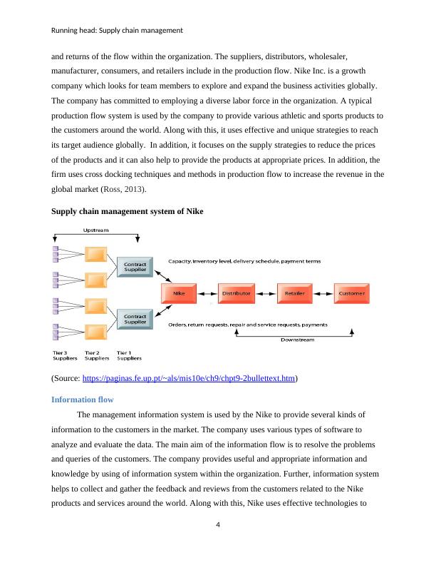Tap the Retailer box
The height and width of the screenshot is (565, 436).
point(294,293)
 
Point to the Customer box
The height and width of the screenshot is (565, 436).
point(352,293)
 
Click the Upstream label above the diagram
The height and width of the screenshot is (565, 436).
point(96,230)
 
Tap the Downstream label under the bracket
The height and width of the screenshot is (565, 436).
point(293,339)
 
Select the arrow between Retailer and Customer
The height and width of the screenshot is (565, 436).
point(323,293)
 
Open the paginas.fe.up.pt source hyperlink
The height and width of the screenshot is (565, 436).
point(189,379)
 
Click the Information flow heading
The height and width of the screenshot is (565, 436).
point(83,400)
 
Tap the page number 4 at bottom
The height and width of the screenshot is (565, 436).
point(218,526)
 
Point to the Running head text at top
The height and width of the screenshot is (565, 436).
point(118,30)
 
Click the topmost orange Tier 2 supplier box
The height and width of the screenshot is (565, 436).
point(95,254)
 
